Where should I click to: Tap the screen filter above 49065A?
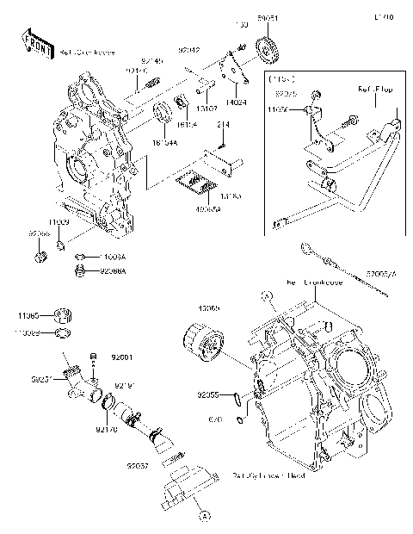(x=196, y=183)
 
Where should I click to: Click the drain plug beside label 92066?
(x=40, y=256)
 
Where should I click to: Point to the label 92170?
(x=107, y=428)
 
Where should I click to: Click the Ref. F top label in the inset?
(x=375, y=88)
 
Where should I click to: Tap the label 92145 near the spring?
(x=151, y=60)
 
